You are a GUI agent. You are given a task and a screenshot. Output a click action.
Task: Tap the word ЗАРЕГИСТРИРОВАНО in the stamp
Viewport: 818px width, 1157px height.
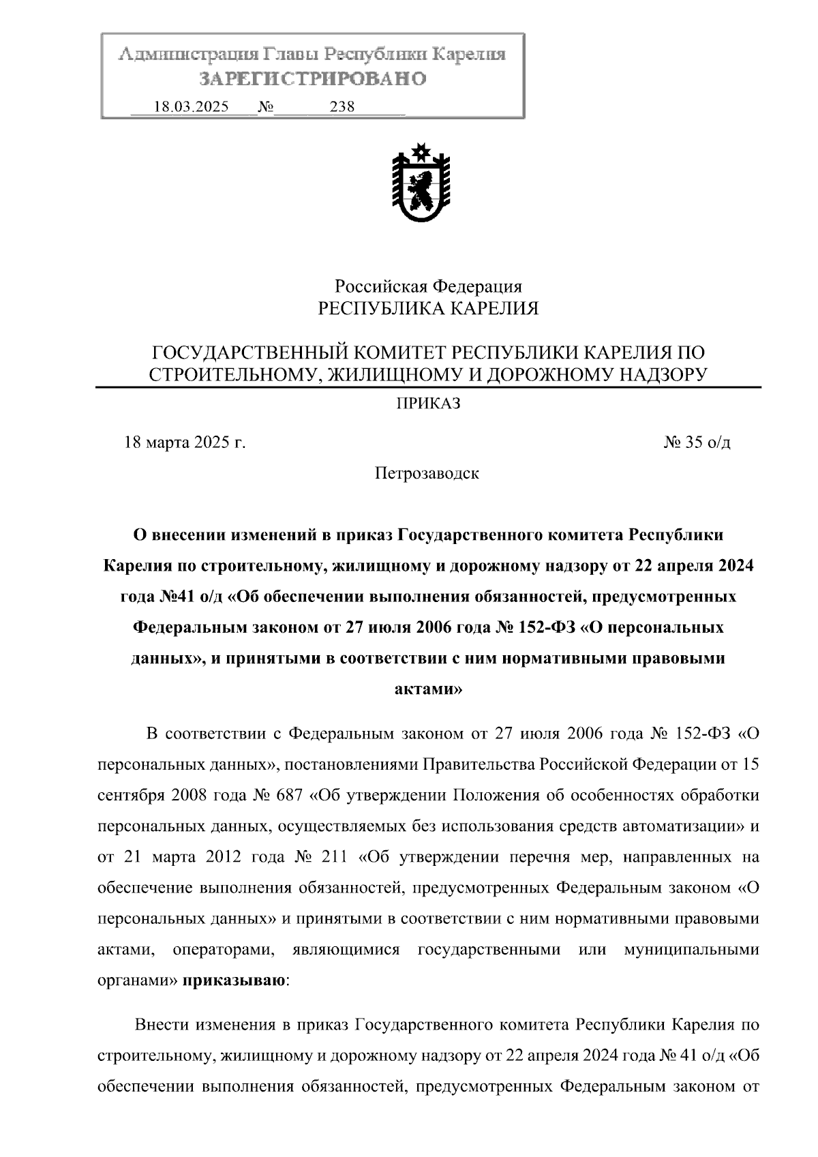tap(313, 79)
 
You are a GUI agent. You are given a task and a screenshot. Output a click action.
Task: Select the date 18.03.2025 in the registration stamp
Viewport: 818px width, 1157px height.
tap(191, 107)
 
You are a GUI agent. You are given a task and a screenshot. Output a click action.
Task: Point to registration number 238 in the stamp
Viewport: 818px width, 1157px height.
tap(342, 107)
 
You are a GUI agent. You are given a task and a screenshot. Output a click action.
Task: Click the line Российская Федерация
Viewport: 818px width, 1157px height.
tap(428, 286)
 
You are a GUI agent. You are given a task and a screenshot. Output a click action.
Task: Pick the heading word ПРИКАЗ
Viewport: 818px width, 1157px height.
tap(429, 404)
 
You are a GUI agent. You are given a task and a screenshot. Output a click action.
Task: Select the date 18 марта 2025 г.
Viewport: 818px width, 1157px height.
tap(185, 442)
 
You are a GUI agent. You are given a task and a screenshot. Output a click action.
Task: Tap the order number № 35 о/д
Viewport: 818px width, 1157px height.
tap(697, 442)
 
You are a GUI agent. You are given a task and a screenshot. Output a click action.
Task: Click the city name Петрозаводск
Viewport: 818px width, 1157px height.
tap(427, 473)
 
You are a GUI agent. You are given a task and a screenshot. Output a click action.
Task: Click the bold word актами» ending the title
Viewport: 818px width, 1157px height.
tap(429, 689)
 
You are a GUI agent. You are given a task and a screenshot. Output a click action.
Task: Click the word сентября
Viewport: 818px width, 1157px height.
tap(131, 795)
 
